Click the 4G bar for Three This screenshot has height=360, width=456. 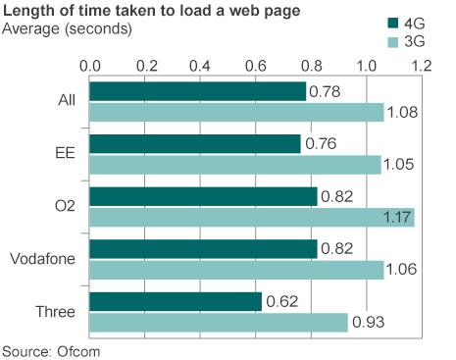pyautogui.click(x=177, y=302)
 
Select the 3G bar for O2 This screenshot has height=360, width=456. pyautogui.click(x=252, y=217)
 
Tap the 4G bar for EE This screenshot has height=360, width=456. pyautogui.click(x=195, y=144)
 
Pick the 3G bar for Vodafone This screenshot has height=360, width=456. pyautogui.click(x=236, y=270)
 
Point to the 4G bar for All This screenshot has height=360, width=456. pyautogui.click(x=198, y=91)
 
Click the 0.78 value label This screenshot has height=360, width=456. pyautogui.click(x=324, y=91)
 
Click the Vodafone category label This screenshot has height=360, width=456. pyautogui.click(x=46, y=259)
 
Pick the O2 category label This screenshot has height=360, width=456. pyautogui.click(x=65, y=206)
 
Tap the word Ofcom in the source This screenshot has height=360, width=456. pyautogui.click(x=80, y=349)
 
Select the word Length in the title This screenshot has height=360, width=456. pyautogui.click(x=26, y=11)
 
